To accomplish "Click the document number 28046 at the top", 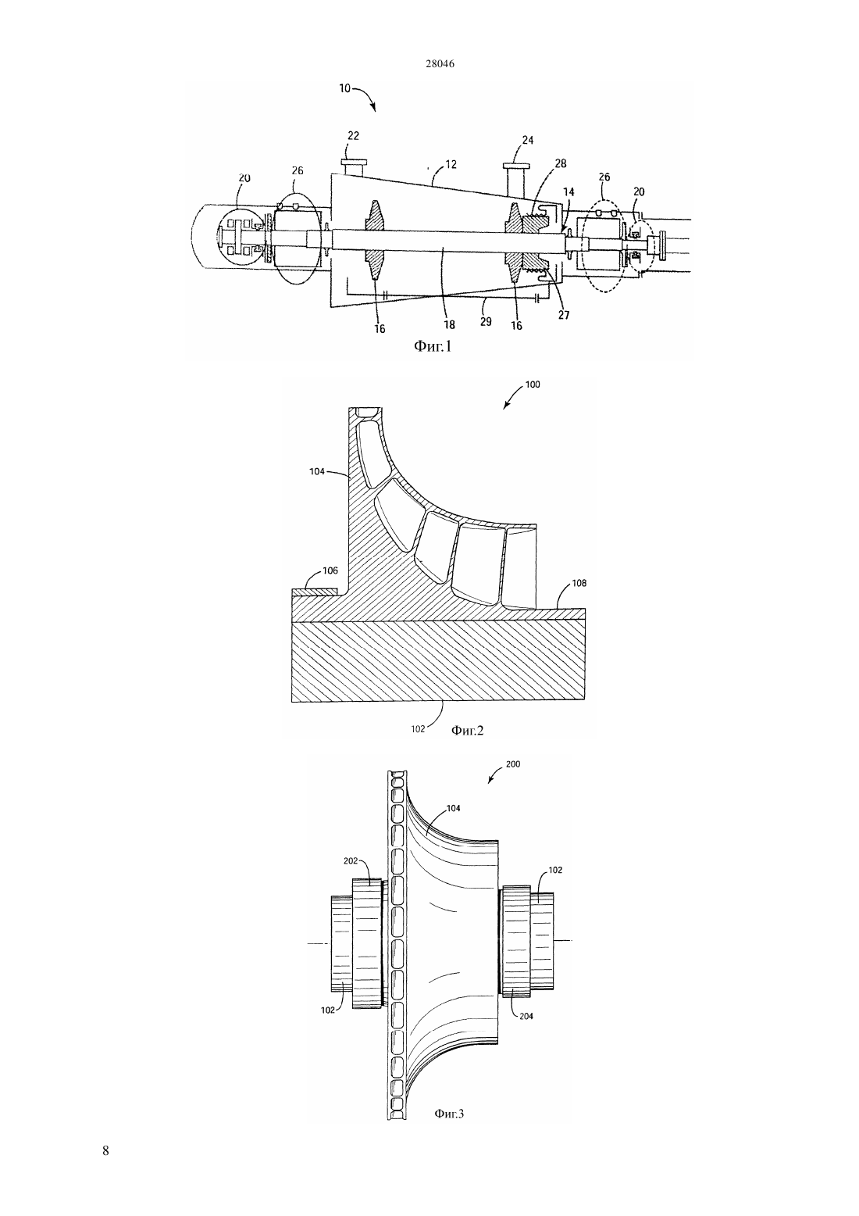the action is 440,63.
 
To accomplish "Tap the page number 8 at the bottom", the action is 105,1150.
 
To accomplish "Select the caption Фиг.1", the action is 432,345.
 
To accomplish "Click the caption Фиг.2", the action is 467,730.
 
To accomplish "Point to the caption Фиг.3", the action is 449,1114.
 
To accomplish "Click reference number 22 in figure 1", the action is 353,136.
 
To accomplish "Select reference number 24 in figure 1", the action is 527,140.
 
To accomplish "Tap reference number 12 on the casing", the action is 451,164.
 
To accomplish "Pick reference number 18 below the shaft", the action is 449,324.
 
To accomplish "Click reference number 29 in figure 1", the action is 486,321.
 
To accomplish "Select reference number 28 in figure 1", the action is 560,163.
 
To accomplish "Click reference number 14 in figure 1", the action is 569,191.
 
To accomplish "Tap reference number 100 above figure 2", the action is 533,384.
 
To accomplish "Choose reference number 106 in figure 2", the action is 330,570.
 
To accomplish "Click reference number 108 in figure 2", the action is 579,583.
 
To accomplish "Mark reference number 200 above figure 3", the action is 512,764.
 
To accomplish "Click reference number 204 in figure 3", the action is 526,1016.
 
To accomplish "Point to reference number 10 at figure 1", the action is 345,88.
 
